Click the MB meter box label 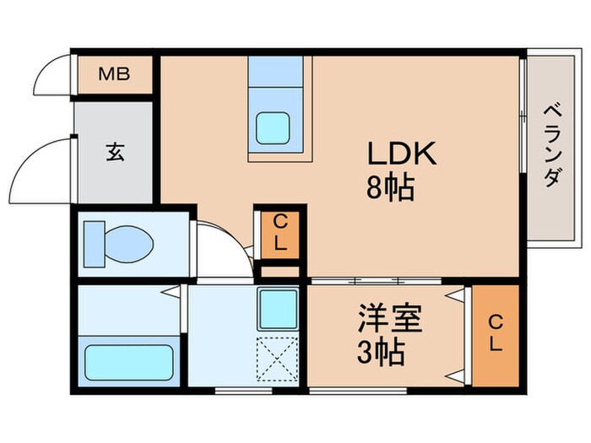(x=113, y=74)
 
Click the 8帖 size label (x=389, y=187)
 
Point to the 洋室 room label (x=386, y=320)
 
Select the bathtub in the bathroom (x=130, y=361)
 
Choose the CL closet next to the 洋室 (x=496, y=335)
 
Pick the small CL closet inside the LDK (x=279, y=233)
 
